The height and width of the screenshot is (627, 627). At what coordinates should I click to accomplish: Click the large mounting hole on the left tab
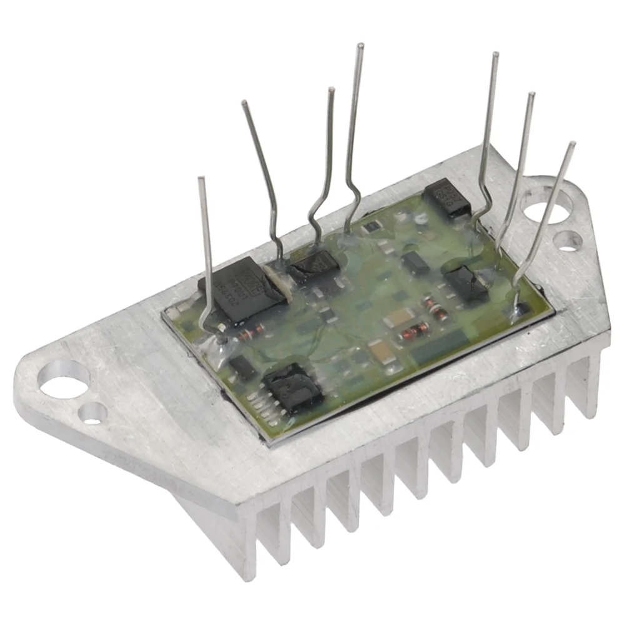point(63,379)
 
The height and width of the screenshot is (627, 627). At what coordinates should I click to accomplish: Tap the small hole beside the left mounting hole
point(93,412)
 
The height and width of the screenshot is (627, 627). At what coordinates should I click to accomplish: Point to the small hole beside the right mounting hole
point(567,240)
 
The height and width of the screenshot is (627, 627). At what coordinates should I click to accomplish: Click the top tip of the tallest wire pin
point(361,46)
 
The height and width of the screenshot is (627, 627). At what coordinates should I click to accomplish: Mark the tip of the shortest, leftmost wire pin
point(201,180)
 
